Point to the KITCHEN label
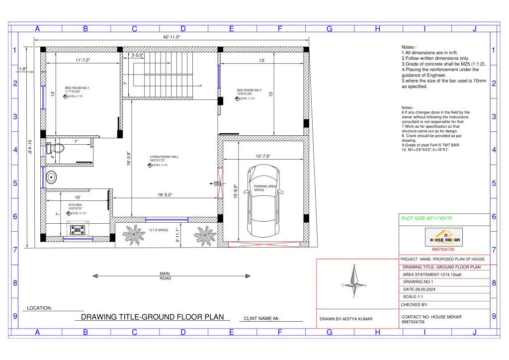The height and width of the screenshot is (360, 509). tap(75, 205)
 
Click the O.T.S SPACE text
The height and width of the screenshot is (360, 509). tap(159, 230)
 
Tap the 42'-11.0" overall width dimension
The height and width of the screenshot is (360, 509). tap(171, 37)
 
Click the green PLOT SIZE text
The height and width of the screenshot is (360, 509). tap(426, 218)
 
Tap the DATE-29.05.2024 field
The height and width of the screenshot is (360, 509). tap(423, 289)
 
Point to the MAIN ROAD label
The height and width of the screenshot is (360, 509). tap(165, 276)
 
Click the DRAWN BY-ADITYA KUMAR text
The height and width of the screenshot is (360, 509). tap(346, 319)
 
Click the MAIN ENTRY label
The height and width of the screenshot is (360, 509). tap(217, 183)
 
